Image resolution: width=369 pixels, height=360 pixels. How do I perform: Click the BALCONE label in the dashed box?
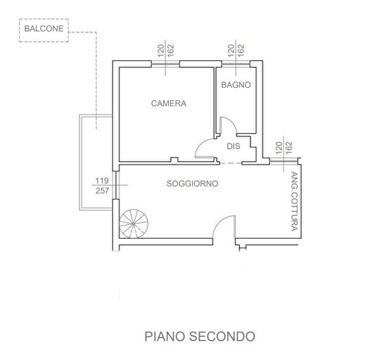[44, 29]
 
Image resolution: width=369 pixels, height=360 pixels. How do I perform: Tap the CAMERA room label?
[169, 104]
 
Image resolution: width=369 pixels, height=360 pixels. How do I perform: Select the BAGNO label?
[236, 85]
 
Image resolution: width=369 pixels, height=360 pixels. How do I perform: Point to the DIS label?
[233, 146]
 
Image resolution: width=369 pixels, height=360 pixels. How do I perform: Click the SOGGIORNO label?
[192, 184]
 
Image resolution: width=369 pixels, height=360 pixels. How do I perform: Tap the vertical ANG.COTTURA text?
[294, 202]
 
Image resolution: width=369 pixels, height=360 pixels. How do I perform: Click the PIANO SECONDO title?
[200, 336]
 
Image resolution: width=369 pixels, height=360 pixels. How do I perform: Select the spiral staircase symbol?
[134, 224]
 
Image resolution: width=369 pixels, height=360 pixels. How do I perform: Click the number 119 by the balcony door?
[102, 181]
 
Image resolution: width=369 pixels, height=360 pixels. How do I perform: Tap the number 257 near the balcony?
[102, 191]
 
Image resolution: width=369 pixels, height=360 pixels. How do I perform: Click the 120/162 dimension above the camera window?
[166, 51]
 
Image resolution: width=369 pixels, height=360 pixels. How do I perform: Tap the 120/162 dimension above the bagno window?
[236, 51]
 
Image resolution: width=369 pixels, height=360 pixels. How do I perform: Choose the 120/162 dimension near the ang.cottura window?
[284, 147]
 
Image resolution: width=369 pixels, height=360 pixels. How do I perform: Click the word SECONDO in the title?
[222, 336]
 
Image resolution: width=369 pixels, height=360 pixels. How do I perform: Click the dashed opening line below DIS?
[230, 163]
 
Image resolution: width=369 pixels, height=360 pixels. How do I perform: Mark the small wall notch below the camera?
[174, 160]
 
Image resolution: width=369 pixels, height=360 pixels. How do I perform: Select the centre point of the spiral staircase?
[134, 224]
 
